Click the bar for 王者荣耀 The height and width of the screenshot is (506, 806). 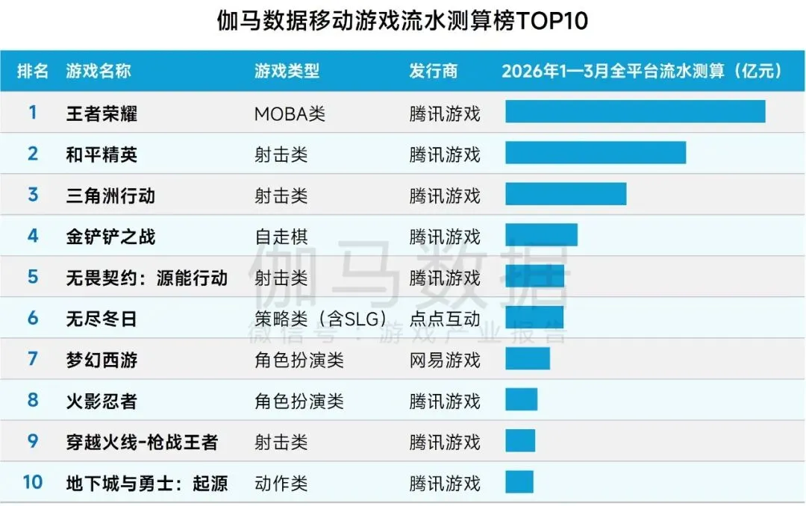[x=635, y=111]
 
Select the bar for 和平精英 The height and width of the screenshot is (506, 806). [x=596, y=152]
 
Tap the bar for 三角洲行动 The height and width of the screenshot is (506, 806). [x=566, y=193]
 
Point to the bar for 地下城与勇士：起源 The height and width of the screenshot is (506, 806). [x=519, y=481]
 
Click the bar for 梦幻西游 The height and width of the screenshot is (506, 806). [x=528, y=358]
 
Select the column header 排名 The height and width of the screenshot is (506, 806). [x=33, y=71]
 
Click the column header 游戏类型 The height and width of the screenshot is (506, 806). [x=287, y=71]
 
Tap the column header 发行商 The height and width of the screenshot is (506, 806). [x=433, y=71]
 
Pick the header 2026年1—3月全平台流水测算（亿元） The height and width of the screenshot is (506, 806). [x=643, y=71]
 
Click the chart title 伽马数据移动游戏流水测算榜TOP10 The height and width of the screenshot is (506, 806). [x=403, y=21]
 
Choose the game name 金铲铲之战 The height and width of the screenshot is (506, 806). [x=110, y=237]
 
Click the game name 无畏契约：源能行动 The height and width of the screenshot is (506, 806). [x=146, y=278]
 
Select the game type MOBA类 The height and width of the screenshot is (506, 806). [x=290, y=114]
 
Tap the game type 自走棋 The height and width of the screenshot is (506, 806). [x=281, y=237]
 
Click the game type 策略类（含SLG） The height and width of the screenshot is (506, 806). [x=320, y=319]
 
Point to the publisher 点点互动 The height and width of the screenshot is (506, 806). [x=445, y=319]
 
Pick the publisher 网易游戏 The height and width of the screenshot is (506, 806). [x=445, y=360]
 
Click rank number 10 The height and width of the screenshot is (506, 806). [x=33, y=482]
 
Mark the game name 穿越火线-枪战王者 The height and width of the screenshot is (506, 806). [x=142, y=442]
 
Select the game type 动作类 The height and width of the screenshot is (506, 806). [x=281, y=484]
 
